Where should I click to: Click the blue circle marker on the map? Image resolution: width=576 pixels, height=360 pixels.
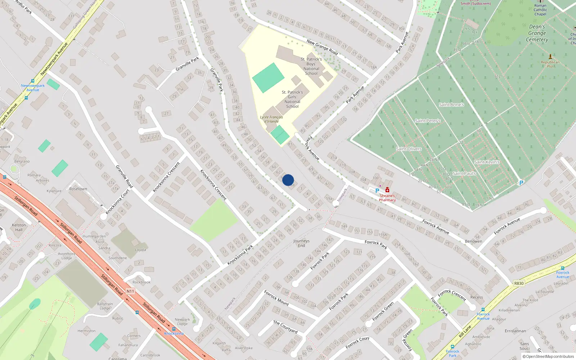[288, 180]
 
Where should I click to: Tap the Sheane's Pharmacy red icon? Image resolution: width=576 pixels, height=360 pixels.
[387, 190]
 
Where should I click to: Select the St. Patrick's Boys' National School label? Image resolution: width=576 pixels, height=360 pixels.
[311, 66]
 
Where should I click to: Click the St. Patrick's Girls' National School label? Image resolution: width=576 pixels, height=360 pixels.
[292, 99]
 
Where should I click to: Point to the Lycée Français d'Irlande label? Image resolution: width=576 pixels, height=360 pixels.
[271, 119]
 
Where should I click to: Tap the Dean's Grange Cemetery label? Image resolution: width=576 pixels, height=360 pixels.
[537, 33]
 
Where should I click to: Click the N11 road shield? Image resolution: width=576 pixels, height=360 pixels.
[130, 291]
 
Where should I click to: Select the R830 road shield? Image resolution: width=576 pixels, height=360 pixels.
[519, 283]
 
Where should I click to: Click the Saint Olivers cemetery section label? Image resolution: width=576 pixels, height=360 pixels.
[409, 149]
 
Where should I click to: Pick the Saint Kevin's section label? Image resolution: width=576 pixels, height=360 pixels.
[487, 162]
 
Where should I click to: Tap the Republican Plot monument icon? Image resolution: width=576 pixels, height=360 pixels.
[550, 57]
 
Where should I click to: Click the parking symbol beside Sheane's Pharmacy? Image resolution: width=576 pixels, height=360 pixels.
[377, 191]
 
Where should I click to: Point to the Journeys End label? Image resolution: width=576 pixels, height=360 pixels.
[301, 243]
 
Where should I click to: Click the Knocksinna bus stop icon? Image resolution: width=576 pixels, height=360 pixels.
[174, 329]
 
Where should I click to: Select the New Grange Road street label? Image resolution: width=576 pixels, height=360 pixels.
[322, 47]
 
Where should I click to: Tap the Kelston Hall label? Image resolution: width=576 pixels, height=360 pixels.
[19, 227]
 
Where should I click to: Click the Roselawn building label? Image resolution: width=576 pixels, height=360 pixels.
[78, 189]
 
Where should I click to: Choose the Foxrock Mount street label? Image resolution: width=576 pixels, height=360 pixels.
[276, 298]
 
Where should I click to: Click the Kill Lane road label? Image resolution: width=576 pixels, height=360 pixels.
[465, 331]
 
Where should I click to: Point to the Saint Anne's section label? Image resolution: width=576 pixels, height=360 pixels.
[451, 105]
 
